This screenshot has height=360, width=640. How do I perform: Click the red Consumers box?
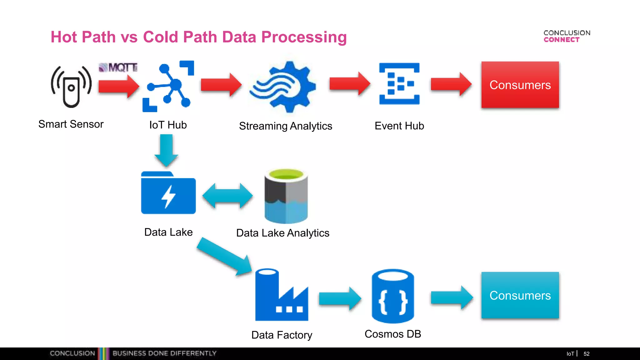(520, 85)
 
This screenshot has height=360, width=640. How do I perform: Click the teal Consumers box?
(520, 295)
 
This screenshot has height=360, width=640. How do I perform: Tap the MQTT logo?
(118, 67)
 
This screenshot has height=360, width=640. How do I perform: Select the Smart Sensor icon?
(71, 87)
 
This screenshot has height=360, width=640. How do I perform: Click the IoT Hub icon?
(168, 86)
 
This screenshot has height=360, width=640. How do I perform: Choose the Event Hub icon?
(399, 84)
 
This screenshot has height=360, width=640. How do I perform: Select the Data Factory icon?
(281, 295)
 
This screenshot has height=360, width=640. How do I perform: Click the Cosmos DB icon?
(393, 296)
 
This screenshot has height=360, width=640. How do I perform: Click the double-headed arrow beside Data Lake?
(227, 196)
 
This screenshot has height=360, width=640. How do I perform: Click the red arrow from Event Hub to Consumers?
(451, 84)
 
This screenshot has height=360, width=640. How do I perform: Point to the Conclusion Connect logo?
(567, 36)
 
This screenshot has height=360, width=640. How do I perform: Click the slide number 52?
(586, 354)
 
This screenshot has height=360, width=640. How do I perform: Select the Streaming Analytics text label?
(285, 126)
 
